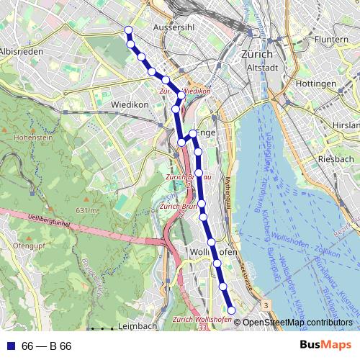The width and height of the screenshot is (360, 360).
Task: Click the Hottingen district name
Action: [x=315, y=84]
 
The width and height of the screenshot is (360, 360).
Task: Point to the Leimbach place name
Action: [x=137, y=326]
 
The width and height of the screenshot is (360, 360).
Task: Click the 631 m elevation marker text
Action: [x=86, y=210]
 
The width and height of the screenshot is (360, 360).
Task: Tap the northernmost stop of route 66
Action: [x=129, y=30]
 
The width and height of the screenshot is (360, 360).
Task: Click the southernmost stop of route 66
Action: [x=231, y=310]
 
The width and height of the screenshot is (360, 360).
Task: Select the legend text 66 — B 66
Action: [x=47, y=346]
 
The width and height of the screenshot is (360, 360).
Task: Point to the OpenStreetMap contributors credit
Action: [x=297, y=323]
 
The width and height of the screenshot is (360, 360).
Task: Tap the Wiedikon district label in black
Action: [x=130, y=104]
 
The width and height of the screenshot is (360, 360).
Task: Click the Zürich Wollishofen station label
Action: [x=202, y=319]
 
